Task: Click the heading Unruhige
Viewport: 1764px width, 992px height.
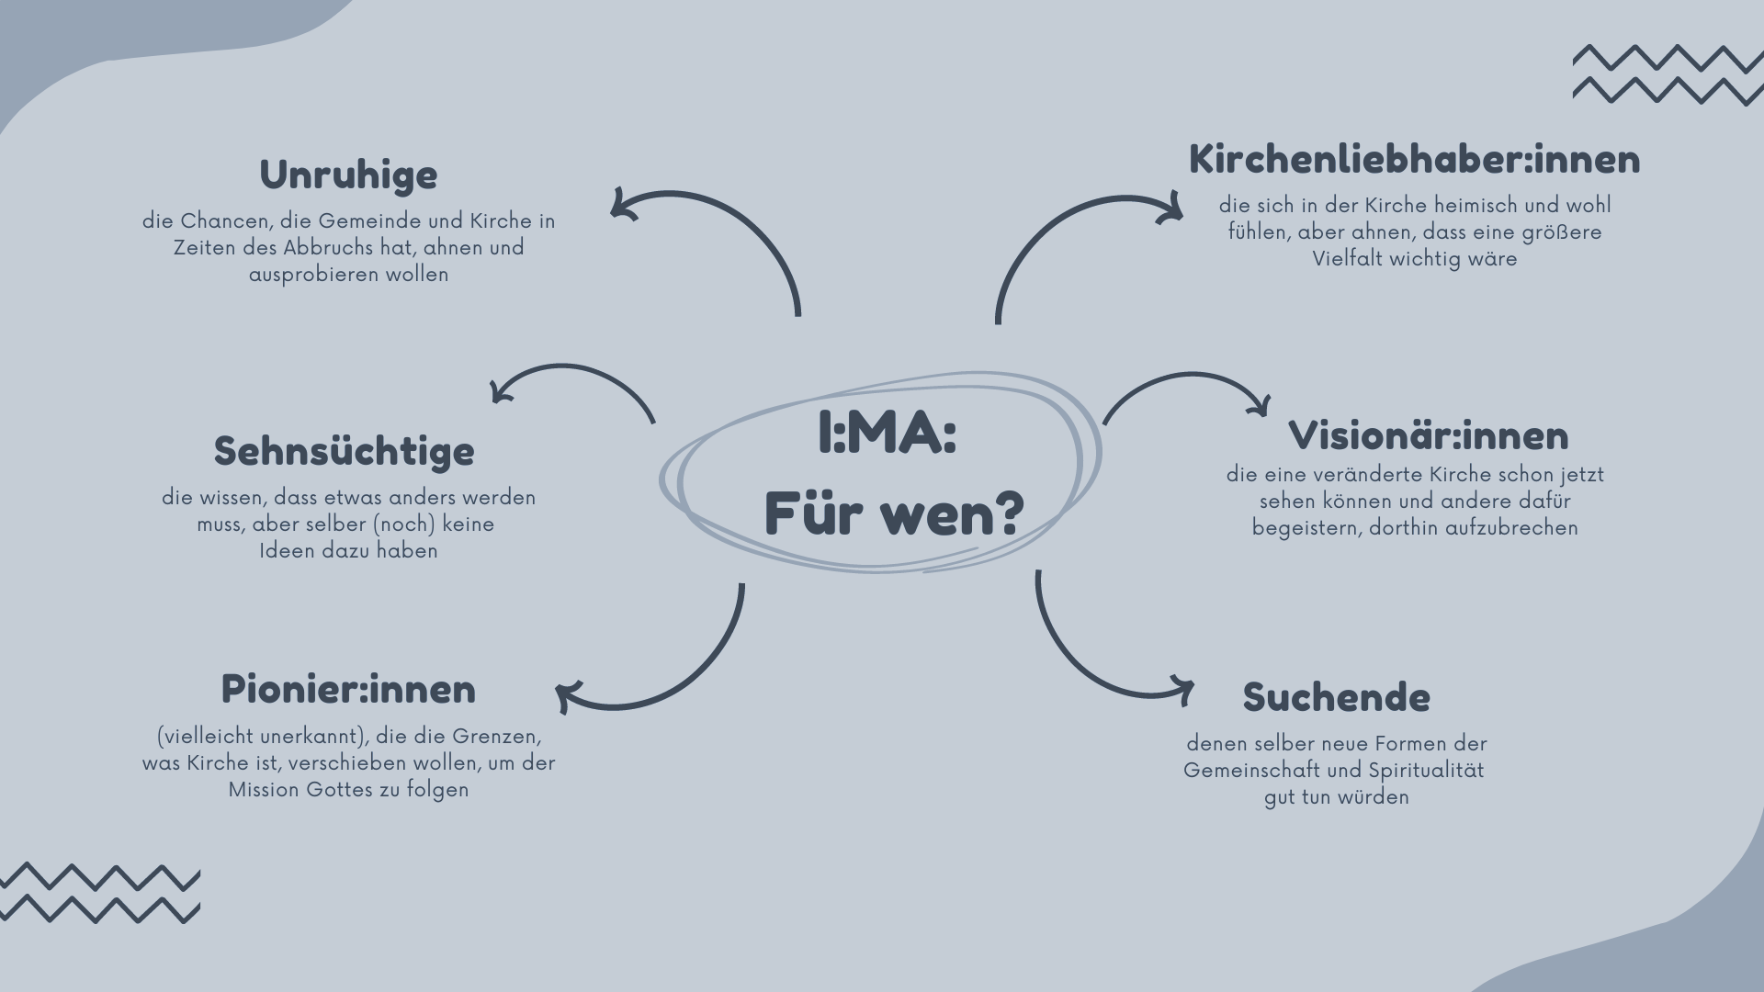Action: click(x=348, y=175)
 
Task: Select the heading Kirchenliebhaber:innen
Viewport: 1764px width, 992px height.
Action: click(x=1414, y=160)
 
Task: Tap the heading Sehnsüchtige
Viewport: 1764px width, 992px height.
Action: click(x=345, y=452)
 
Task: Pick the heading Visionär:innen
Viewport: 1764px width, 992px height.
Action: click(x=1429, y=436)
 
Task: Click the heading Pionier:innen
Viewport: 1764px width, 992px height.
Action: click(x=348, y=690)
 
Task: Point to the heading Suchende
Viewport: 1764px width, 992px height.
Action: click(x=1336, y=698)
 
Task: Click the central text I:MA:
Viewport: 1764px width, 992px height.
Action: click(x=887, y=434)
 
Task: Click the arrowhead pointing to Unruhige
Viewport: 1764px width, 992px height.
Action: click(x=621, y=205)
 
